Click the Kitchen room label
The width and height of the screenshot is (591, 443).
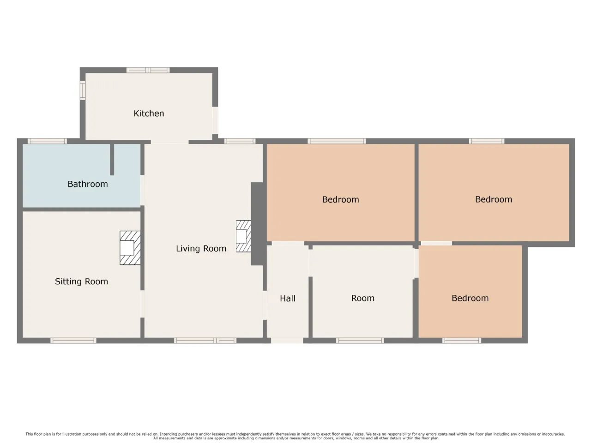pyautogui.click(x=149, y=114)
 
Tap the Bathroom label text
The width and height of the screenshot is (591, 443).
pyautogui.click(x=88, y=184)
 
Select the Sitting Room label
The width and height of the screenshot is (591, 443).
pyautogui.click(x=81, y=281)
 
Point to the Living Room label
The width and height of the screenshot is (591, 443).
pyautogui.click(x=201, y=249)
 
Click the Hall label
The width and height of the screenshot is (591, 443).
pyautogui.click(x=288, y=298)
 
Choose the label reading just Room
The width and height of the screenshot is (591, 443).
pyautogui.click(x=362, y=298)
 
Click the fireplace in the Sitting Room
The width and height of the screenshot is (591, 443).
pyautogui.click(x=130, y=248)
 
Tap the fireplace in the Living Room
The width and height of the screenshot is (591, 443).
pyautogui.click(x=243, y=236)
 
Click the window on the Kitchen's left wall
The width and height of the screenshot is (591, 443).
pyautogui.click(x=83, y=90)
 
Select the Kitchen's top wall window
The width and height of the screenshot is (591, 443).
pyautogui.click(x=148, y=70)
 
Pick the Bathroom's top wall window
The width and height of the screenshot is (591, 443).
pyautogui.click(x=47, y=141)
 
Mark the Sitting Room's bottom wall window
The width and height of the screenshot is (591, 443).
pyautogui.click(x=73, y=341)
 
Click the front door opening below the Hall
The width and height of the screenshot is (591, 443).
pyautogui.click(x=287, y=341)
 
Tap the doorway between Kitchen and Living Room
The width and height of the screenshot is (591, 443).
pyautogui.click(x=169, y=142)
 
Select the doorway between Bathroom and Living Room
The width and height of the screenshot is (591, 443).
pyautogui.click(x=142, y=190)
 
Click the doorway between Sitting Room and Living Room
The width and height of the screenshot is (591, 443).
pyautogui.click(x=142, y=304)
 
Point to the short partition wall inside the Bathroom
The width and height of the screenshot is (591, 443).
pyautogui.click(x=112, y=160)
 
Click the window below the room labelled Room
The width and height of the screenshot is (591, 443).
pyautogui.click(x=360, y=341)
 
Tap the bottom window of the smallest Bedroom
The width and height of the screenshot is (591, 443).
pyautogui.click(x=462, y=341)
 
